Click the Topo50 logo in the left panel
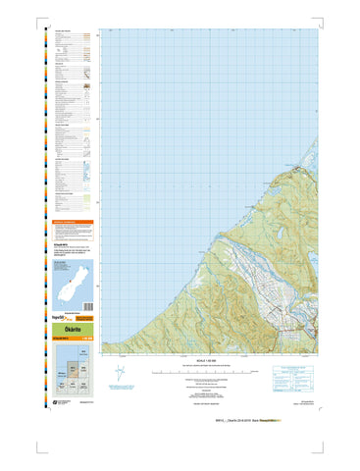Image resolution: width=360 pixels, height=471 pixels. (59, 318)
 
